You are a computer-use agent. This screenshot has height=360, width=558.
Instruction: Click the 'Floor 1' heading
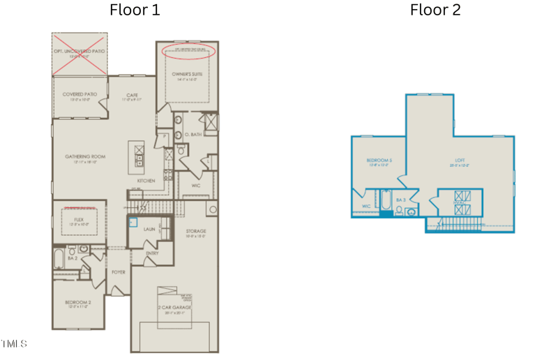click(x=135, y=10)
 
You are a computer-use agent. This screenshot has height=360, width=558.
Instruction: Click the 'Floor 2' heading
click(x=435, y=10)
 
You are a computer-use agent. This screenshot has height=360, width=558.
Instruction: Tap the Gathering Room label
click(x=85, y=156)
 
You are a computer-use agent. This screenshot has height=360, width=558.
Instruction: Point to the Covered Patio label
click(x=80, y=94)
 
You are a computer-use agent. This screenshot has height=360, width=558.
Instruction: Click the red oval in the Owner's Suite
click(x=189, y=51)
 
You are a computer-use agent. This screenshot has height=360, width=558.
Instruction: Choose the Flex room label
click(x=79, y=220)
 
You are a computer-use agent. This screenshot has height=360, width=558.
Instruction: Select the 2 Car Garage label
click(x=174, y=307)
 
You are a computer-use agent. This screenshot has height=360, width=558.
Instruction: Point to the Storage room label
click(x=195, y=231)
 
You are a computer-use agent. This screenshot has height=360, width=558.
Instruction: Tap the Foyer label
click(x=119, y=272)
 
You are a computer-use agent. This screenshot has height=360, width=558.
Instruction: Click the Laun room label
click(x=149, y=228)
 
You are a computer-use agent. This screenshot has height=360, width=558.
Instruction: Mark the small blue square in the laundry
click(x=133, y=223)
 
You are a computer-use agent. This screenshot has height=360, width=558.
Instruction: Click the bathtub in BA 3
click(x=385, y=200)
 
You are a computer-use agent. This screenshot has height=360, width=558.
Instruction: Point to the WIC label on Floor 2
click(x=365, y=207)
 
